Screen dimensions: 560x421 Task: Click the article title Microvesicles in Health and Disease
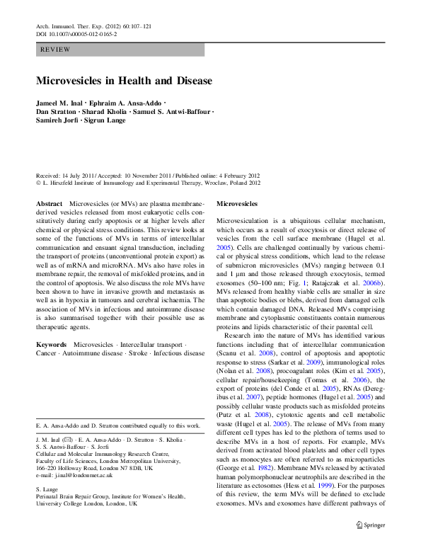(124, 81)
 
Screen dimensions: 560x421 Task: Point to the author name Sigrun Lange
(104, 120)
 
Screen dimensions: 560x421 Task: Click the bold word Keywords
(52, 325)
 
